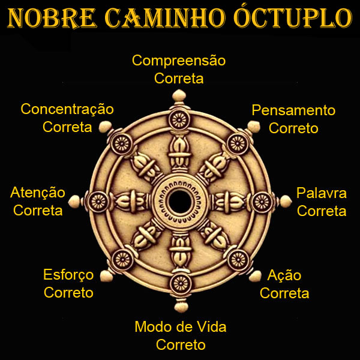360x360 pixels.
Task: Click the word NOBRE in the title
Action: [52, 18]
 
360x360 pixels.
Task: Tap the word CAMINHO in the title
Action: [165, 18]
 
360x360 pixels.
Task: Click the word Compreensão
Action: [179, 61]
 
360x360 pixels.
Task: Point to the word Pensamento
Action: [293, 110]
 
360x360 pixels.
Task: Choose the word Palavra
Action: [322, 193]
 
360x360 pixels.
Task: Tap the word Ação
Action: [284, 275]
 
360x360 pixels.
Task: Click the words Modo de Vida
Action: [181, 326]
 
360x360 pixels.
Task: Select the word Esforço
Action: [68, 275]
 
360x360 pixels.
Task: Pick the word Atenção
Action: [38, 193]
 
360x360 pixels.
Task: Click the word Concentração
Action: [67, 109]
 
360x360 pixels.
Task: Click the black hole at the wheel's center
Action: [179, 202]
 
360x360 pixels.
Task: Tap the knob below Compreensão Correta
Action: [179, 96]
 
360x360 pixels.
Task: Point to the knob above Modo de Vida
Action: [181, 306]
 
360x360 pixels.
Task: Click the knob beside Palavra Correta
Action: [286, 202]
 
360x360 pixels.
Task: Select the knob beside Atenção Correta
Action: [74, 201]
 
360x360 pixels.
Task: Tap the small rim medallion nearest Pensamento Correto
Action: [238, 144]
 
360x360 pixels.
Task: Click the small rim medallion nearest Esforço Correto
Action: [122, 260]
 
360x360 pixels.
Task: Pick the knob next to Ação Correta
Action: [255, 276]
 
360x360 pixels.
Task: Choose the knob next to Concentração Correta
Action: [105, 127]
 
